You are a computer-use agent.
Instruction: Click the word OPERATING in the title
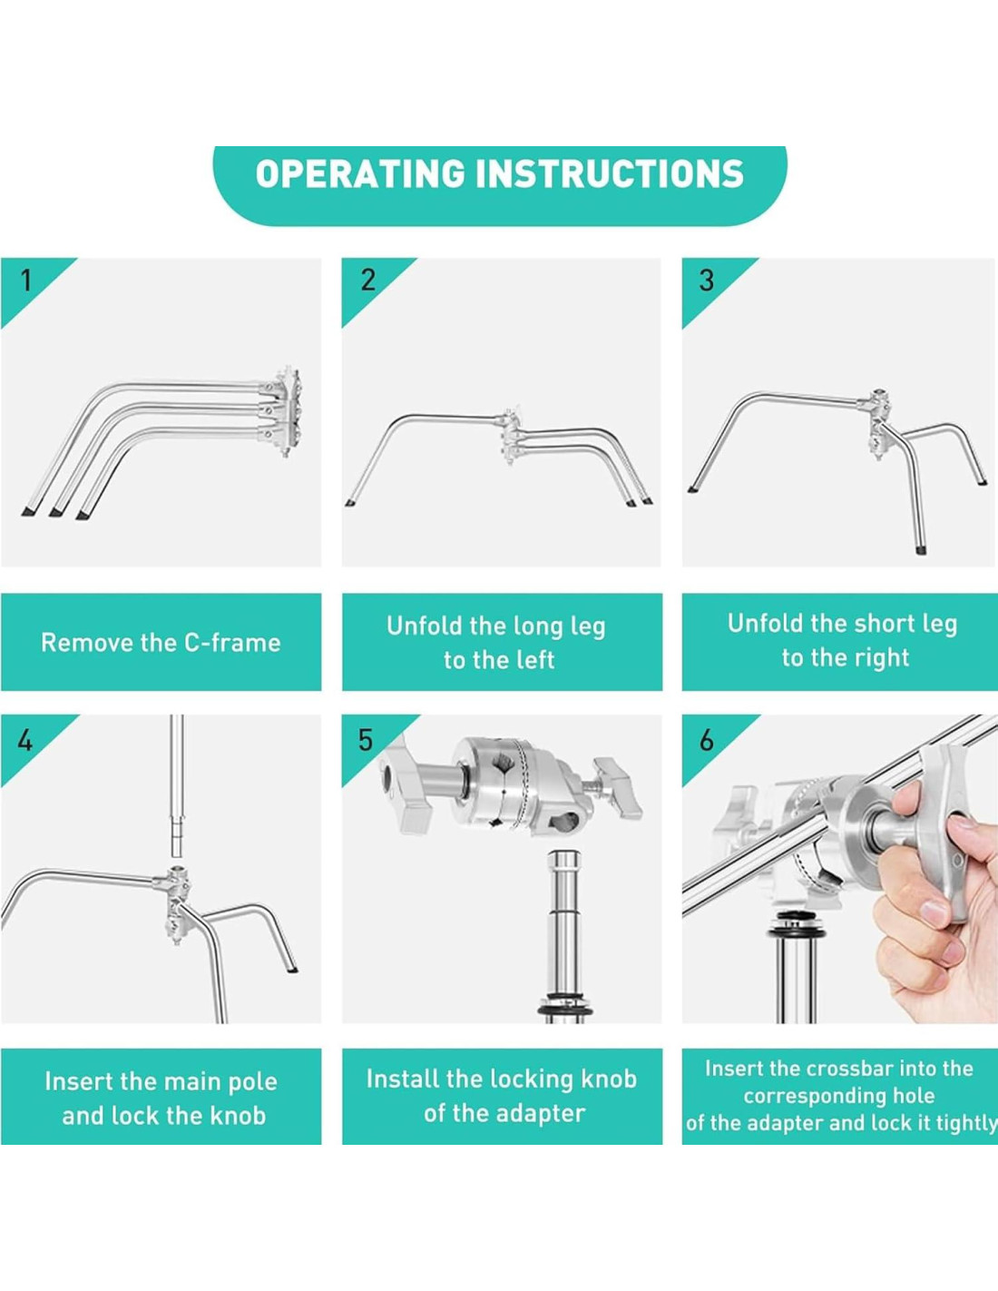click(x=360, y=173)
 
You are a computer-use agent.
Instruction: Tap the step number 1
click(x=25, y=281)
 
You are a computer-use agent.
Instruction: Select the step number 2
click(x=368, y=281)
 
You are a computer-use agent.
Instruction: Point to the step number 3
click(x=707, y=281)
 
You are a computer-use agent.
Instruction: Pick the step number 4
click(x=24, y=741)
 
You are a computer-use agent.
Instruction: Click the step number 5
click(x=366, y=741)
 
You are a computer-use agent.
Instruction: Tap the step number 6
click(x=707, y=741)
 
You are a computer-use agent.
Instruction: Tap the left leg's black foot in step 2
click(x=350, y=503)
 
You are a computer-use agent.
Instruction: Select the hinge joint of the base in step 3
click(x=879, y=422)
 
